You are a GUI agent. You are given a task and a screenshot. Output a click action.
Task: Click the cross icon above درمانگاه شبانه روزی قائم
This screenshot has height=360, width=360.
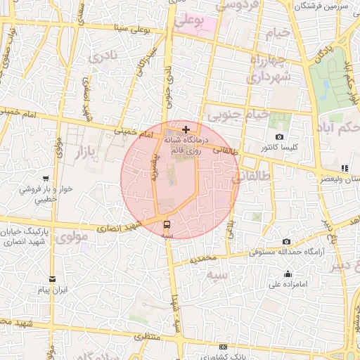(186, 129)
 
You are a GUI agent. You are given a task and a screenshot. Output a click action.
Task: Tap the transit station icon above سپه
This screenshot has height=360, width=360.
(167, 225)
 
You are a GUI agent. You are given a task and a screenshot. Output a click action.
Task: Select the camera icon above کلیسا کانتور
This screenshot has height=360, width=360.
(280, 136)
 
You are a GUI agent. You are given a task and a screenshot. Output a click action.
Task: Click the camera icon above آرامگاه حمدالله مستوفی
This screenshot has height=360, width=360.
(286, 241)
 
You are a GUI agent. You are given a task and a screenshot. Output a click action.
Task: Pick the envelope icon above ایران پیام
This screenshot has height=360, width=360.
(53, 279)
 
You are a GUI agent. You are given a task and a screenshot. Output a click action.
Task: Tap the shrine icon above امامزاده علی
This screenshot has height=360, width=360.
(287, 274)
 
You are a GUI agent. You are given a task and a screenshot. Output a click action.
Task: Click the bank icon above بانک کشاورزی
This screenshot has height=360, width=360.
(224, 347)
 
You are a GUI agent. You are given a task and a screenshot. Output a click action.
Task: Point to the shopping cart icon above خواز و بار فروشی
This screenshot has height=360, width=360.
(46, 178)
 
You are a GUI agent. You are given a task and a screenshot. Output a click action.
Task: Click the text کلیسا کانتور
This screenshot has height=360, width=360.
(281, 148)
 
